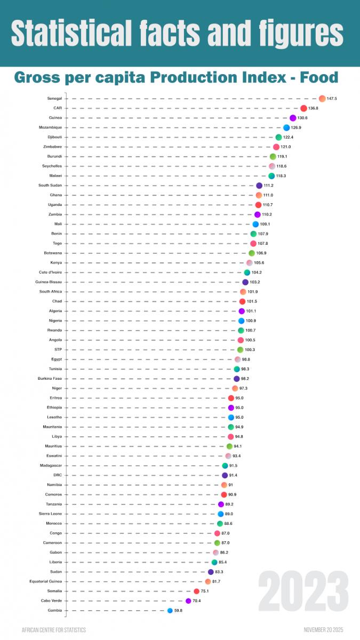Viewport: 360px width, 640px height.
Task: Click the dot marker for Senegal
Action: tap(322, 99)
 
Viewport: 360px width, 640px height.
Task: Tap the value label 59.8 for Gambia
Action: tap(178, 611)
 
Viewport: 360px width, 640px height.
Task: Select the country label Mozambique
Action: tap(50, 127)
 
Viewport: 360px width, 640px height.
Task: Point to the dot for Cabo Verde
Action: tap(188, 601)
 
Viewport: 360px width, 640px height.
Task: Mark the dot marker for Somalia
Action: tap(196, 591)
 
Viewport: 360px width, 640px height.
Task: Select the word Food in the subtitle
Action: tap(319, 78)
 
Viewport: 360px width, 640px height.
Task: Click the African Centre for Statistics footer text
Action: tap(53, 630)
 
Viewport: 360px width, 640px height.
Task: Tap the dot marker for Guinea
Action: tap(293, 118)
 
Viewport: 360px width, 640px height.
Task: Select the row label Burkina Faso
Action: tap(51, 379)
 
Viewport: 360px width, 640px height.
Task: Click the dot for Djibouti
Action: tap(278, 137)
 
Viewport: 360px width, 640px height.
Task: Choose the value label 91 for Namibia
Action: tap(231, 485)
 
